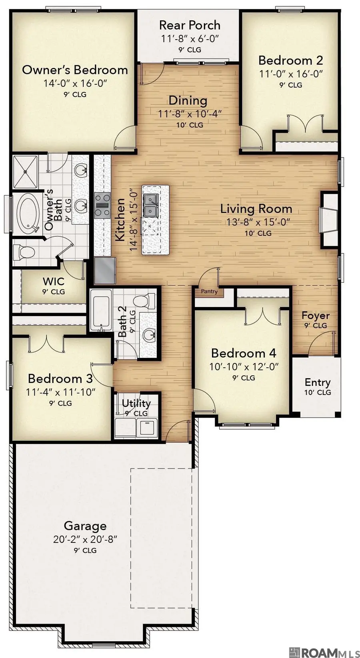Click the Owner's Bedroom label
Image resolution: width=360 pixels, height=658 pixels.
click(75, 70)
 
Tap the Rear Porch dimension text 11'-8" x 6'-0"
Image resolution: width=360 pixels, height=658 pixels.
click(190, 39)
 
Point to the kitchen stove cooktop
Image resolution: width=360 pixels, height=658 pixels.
click(102, 205)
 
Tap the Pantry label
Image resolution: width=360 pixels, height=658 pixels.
click(209, 291)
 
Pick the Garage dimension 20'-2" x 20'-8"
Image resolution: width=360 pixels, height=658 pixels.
click(85, 539)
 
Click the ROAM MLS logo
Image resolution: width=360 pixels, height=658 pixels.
click(324, 652)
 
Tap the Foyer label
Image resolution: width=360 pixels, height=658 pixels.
click(315, 316)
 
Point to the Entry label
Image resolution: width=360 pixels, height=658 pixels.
click(318, 383)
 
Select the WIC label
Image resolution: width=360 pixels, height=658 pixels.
click(54, 281)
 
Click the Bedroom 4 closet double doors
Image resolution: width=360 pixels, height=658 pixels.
click(263, 316)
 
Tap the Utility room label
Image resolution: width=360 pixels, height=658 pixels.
click(136, 403)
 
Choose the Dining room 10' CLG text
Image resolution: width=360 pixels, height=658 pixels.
click(190, 125)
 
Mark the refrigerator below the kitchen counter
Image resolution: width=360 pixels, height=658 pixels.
click(105, 270)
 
